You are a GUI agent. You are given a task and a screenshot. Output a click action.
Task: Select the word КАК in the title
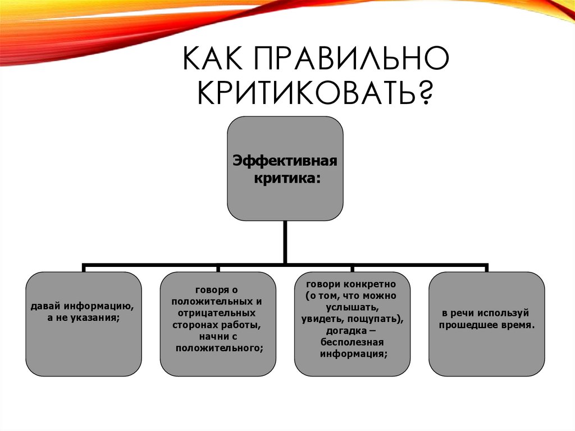(212, 60)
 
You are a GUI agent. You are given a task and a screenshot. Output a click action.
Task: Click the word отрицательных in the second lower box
(217, 312)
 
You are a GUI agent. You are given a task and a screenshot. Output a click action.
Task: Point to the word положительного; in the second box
(220, 348)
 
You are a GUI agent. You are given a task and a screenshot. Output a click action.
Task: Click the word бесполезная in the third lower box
(352, 343)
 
